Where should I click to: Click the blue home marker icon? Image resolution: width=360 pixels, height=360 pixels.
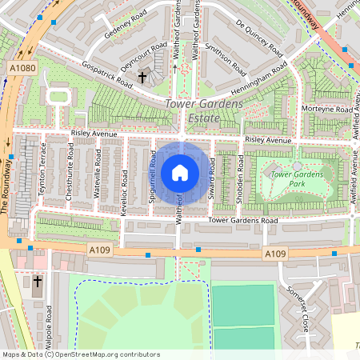[x=180, y=173]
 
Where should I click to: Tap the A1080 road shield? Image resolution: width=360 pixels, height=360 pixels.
[x=23, y=69]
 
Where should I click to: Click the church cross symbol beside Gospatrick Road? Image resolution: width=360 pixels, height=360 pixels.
[x=143, y=78]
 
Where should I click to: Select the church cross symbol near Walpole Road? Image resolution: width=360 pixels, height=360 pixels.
[x=38, y=282]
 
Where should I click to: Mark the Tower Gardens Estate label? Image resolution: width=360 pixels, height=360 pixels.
[x=193, y=112]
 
